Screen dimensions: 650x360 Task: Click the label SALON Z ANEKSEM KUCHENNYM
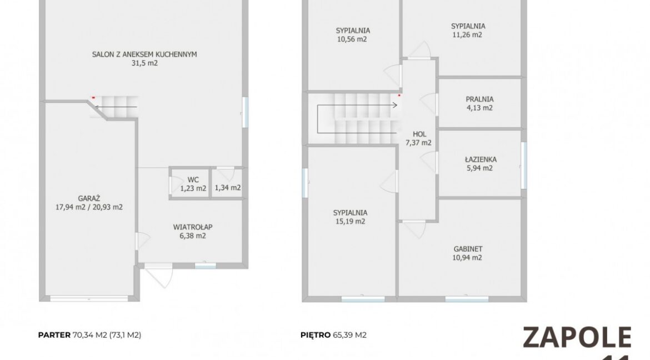point(144,54)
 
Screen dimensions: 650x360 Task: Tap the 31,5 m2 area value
point(144,63)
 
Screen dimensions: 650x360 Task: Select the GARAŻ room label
point(89,198)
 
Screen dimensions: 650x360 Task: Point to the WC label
point(193,179)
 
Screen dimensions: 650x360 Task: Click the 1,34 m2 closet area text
point(228,188)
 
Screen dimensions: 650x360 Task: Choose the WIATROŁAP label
point(193,227)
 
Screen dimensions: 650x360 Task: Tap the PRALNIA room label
point(479,99)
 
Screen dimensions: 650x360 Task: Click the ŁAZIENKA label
point(480,159)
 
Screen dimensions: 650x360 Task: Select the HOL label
point(419,134)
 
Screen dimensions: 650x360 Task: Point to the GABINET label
point(468,249)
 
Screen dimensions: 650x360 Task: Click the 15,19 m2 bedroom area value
point(351,222)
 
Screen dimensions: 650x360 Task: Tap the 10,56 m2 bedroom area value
point(352,39)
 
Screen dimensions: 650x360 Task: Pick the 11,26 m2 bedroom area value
point(467,35)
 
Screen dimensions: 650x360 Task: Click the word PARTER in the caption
point(54,335)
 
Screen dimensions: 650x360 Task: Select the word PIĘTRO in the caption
point(316,335)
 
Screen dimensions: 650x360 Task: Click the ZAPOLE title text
point(577,337)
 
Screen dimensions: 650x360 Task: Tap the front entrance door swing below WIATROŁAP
point(159,274)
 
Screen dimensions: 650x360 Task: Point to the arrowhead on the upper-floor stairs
point(395,106)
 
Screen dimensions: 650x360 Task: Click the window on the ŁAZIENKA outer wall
point(524,165)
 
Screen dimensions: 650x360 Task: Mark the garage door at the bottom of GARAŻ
point(89,298)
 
